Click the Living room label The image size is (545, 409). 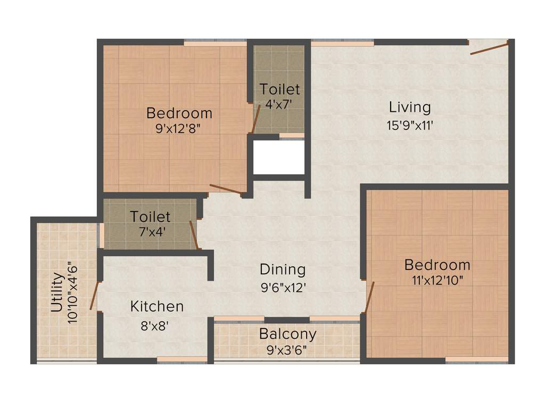click(x=409, y=107)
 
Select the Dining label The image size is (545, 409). click(x=283, y=269)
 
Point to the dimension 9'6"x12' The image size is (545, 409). click(x=283, y=288)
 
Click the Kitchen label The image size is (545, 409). click(x=157, y=307)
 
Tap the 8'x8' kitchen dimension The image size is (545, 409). click(x=155, y=325)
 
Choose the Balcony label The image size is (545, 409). click(x=287, y=334)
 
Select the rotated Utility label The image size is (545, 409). click(x=57, y=292)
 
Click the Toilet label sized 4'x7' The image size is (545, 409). click(x=279, y=89)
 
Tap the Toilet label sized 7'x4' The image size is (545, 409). click(x=151, y=217)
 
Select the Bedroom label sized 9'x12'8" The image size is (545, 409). click(x=179, y=113)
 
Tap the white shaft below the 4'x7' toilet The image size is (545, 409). click(x=278, y=158)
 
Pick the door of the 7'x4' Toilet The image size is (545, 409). click(x=194, y=235)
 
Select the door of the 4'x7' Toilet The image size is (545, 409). click(x=255, y=119)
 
